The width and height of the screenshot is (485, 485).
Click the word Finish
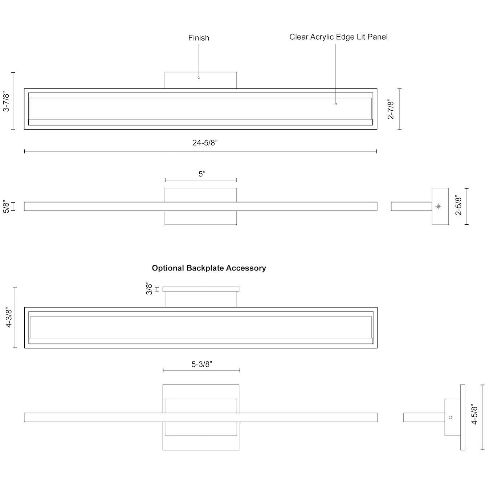(199, 38)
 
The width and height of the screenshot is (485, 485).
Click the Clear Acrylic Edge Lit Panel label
(338, 37)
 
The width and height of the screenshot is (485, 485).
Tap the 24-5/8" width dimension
(205, 143)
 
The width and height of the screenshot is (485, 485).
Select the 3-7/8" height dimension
(7, 102)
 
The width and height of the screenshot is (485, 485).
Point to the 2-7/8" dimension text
(391, 109)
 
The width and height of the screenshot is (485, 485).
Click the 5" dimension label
(202, 174)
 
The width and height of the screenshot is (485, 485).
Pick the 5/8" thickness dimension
(7, 206)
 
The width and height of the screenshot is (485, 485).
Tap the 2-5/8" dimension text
(459, 206)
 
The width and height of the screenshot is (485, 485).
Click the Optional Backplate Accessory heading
(209, 268)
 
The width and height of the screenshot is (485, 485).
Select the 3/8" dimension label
(149, 288)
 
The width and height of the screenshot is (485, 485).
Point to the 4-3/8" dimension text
(9, 318)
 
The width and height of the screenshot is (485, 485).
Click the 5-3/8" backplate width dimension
(202, 364)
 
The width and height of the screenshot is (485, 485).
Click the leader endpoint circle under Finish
(199, 78)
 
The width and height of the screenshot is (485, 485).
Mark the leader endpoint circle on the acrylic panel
(335, 104)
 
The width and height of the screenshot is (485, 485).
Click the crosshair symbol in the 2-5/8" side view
(438, 206)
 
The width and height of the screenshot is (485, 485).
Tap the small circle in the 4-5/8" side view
(451, 417)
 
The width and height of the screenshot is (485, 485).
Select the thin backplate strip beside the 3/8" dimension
(201, 289)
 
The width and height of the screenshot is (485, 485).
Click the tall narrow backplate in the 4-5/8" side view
(462, 417)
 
